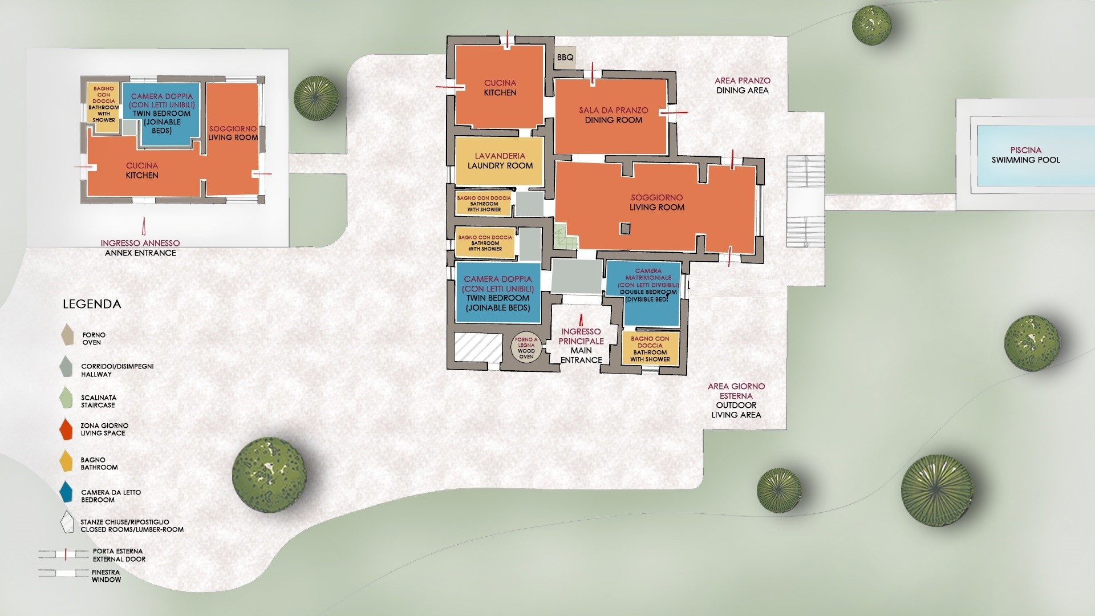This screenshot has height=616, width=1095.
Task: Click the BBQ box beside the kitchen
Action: coord(565,58)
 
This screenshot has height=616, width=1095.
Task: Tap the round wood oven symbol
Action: coord(526,348)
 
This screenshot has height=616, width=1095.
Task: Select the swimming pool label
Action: coord(1025,155)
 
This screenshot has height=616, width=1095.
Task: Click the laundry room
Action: coord(500,161)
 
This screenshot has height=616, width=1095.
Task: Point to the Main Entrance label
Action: coord(581,346)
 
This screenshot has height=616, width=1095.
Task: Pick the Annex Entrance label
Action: coord(140,248)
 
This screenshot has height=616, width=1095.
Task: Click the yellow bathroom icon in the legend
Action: coord(66,461)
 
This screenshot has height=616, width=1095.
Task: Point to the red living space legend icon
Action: coord(66,429)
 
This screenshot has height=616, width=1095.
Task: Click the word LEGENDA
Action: coord(92,304)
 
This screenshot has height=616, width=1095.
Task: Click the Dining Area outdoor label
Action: coord(743,86)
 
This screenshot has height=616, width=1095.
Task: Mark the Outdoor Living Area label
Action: coord(736,400)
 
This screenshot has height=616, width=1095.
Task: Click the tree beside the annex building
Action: coord(315,98)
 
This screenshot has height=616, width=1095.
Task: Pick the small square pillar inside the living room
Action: coord(626,229)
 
